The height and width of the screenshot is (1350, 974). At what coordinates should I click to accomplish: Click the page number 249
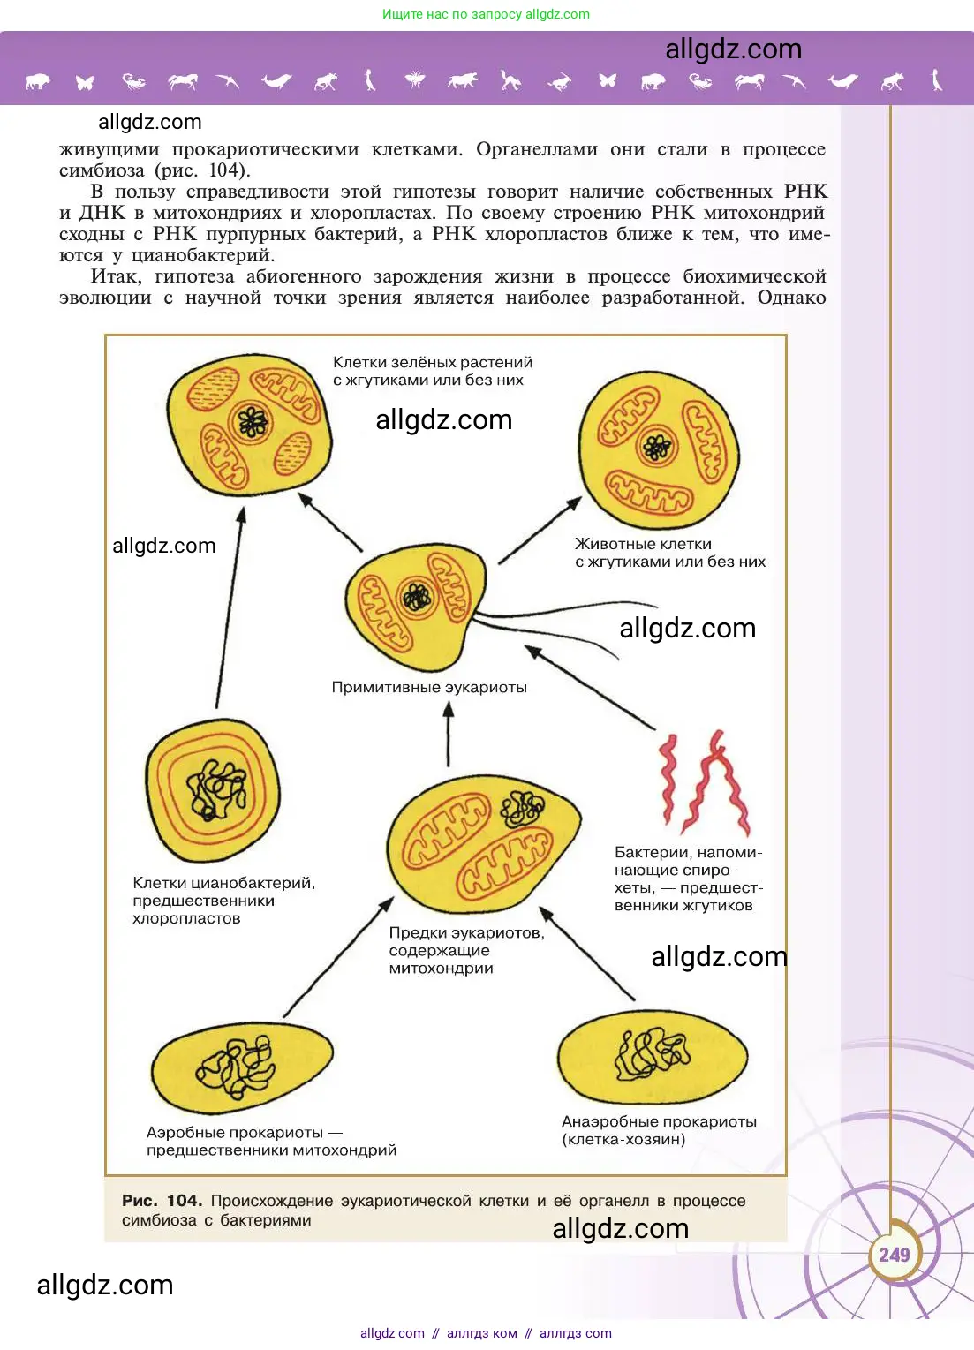click(894, 1255)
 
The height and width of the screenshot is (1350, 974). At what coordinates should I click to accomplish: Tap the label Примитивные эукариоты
click(429, 687)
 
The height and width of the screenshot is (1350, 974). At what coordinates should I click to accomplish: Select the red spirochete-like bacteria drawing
click(704, 782)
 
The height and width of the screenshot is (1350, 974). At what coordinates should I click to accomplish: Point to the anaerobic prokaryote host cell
click(653, 1058)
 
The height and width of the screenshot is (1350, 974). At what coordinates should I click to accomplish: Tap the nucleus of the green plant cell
click(253, 423)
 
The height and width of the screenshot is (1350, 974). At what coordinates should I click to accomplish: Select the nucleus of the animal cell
click(657, 448)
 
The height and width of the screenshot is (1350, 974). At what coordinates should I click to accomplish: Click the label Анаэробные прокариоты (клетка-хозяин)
click(659, 1130)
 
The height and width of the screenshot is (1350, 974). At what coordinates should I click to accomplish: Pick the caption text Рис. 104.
click(162, 1201)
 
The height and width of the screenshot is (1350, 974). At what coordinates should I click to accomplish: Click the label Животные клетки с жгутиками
click(669, 553)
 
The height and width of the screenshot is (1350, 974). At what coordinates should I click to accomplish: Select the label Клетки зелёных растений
click(432, 371)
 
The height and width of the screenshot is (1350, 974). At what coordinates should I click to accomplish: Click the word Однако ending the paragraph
click(791, 298)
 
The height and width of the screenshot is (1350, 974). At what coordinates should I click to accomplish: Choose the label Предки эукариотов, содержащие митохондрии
click(466, 950)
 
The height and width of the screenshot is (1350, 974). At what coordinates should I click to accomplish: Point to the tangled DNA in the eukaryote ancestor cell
click(523, 808)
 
